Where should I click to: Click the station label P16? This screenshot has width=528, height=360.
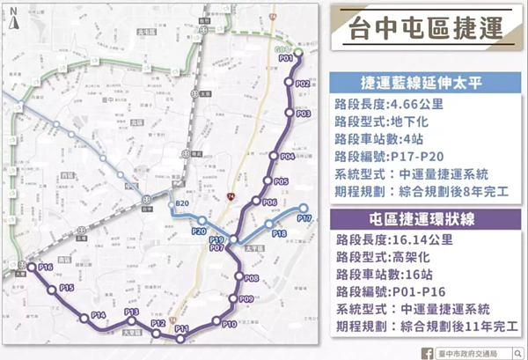click(x=46, y=267)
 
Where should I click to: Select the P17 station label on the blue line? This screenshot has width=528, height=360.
click(x=304, y=217)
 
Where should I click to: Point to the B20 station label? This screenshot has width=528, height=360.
click(x=182, y=204)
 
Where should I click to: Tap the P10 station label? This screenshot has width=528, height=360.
click(x=229, y=324)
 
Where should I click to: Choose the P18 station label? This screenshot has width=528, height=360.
click(x=280, y=233)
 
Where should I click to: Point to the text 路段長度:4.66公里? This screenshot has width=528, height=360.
click(x=389, y=104)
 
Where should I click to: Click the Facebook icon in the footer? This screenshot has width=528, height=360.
click(x=428, y=351)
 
